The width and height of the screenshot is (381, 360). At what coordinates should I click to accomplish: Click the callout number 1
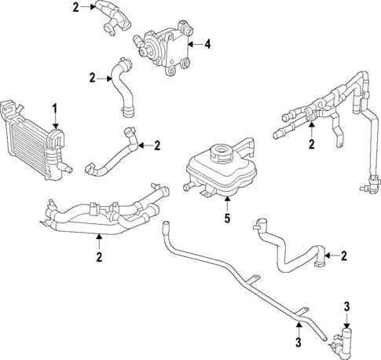pyautogui.click(x=55, y=107)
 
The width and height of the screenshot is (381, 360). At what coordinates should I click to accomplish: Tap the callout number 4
pyautogui.click(x=207, y=44)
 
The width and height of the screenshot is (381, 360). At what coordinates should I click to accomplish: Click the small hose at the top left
pyautogui.click(x=112, y=17)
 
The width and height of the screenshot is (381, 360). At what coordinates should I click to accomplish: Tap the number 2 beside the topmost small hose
pyautogui.click(x=75, y=8)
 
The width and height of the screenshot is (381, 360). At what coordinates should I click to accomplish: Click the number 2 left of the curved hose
pyautogui.click(x=92, y=77)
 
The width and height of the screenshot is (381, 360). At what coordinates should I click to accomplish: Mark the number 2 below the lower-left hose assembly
pyautogui.click(x=99, y=255)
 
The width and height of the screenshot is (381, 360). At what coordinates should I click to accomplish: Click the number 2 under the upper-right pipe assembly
pyautogui.click(x=311, y=144)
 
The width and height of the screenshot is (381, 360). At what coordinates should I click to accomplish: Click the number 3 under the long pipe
pyautogui.click(x=299, y=341)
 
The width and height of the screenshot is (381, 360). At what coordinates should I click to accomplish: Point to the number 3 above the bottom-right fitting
pyautogui.click(x=346, y=306)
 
